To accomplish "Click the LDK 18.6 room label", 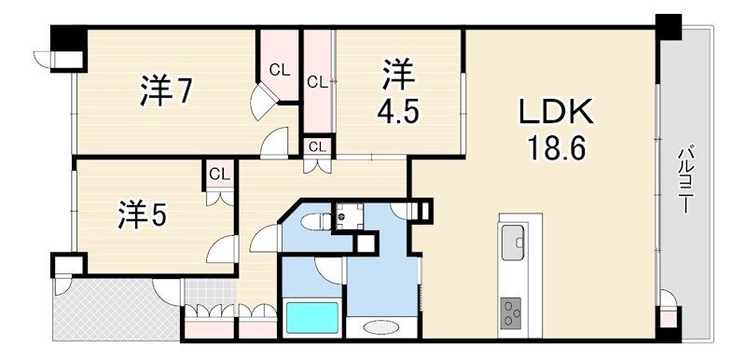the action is [x=555, y=132].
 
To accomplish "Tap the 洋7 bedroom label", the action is [x=166, y=90].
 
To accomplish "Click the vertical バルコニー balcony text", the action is [x=685, y=180].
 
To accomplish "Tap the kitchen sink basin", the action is [x=512, y=242].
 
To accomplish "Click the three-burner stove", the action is [x=511, y=313].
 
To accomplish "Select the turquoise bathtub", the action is [x=312, y=317].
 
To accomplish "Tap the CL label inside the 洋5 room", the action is [x=219, y=174].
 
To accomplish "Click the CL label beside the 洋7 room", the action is [x=279, y=70].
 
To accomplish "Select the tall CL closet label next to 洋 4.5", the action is [x=317, y=82].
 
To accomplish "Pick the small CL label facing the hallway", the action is [x=317, y=146].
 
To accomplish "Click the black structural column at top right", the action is [x=668, y=27].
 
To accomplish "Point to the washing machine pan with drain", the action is [x=349, y=216].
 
